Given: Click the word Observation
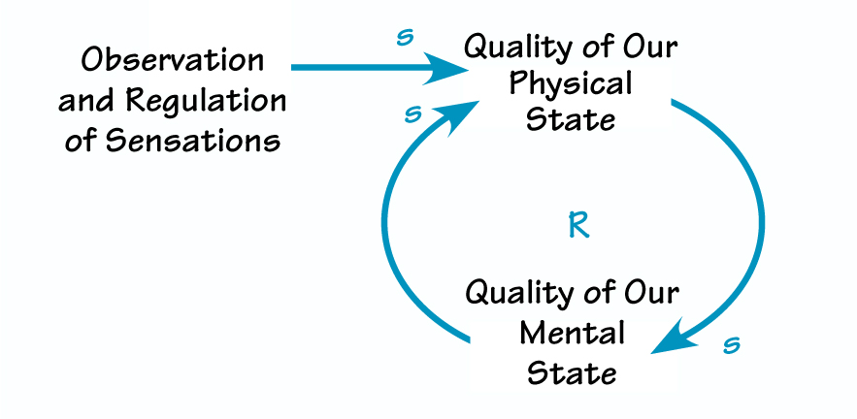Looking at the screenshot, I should [172, 60].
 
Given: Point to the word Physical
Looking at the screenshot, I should [570, 83].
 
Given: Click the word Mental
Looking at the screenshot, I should [572, 333].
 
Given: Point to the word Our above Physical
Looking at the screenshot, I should [649, 46].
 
